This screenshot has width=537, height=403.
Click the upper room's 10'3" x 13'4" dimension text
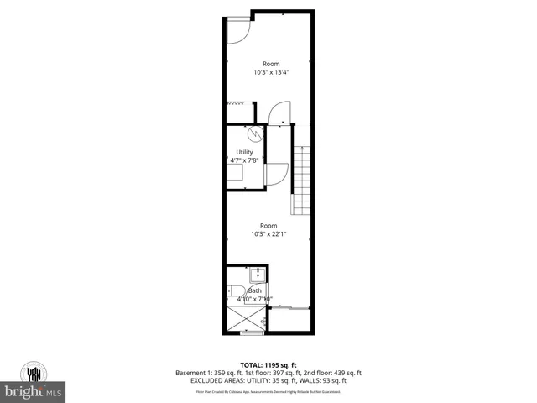270,72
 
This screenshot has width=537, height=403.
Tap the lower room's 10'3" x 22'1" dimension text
268,234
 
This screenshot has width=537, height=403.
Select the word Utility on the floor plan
244,152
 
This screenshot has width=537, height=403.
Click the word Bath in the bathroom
254,290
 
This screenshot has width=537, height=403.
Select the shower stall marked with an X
245,318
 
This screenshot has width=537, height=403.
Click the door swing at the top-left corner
238,29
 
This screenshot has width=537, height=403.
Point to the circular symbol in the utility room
254,133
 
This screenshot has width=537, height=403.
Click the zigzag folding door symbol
237,103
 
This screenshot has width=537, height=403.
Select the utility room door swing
275,173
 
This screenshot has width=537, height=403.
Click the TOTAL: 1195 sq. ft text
268,364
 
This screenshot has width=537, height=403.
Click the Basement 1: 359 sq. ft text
206,373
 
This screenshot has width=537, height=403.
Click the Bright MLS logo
34,390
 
